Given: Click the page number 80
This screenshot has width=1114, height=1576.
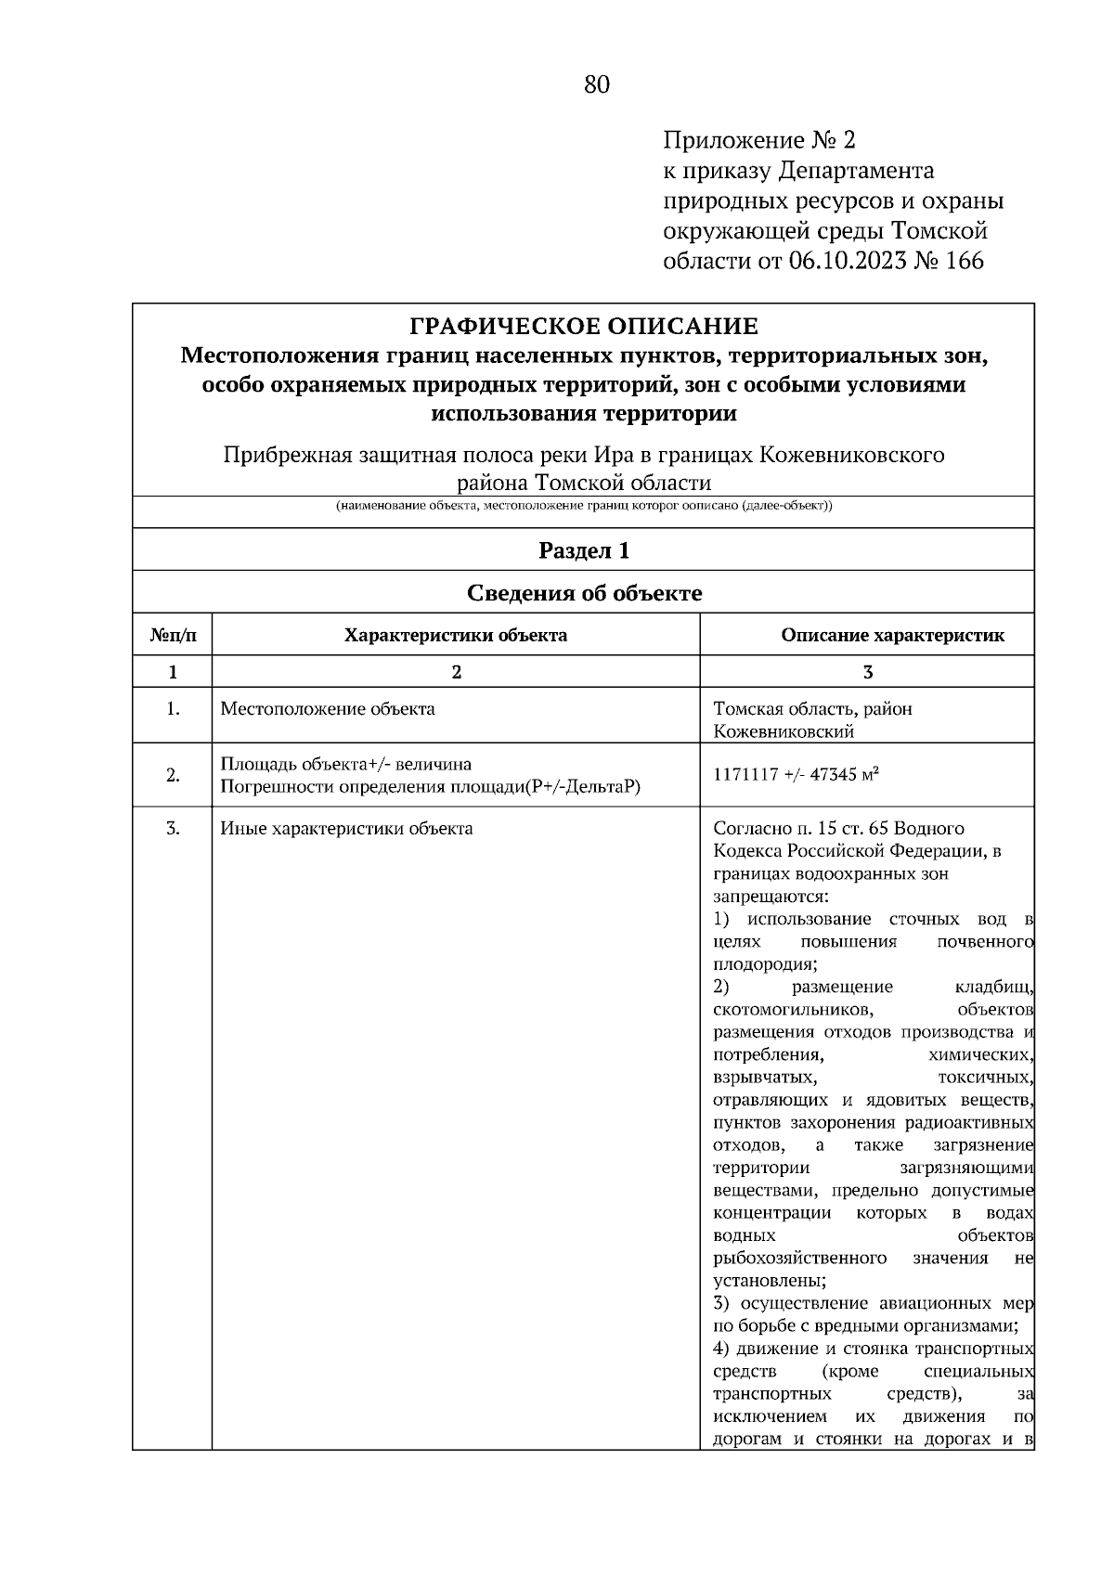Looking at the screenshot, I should tap(597, 85).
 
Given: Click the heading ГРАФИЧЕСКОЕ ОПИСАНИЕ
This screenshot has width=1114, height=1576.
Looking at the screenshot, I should tap(584, 327).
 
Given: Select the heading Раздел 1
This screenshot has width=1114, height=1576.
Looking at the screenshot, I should tap(584, 550).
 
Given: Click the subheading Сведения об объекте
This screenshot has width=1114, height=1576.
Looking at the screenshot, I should tap(584, 593).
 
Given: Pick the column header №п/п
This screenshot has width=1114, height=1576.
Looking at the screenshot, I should tap(173, 636).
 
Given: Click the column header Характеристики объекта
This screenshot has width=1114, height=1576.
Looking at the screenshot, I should tap(456, 636).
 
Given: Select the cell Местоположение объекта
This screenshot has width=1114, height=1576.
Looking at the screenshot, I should tap(328, 709).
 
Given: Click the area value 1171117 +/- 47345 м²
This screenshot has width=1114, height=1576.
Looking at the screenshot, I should tap(797, 775).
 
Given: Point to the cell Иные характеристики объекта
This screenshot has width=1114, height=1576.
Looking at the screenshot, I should tap(346, 828).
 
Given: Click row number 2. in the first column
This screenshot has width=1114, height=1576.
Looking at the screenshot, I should tap(173, 776).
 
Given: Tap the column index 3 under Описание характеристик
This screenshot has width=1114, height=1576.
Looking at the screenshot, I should tap(867, 672).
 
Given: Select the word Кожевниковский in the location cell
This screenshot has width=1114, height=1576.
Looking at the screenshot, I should tap(784, 731).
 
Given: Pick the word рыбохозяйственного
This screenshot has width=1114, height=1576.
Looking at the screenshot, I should tap(799, 1258).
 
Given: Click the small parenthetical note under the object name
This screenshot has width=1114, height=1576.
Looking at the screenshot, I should tap(584, 507).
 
